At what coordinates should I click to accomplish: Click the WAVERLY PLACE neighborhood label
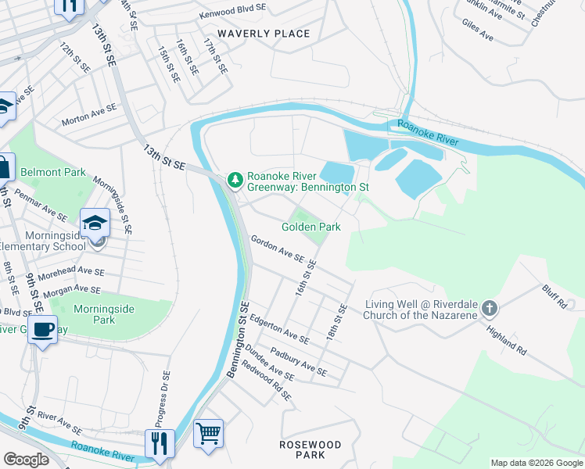click(x=264, y=34)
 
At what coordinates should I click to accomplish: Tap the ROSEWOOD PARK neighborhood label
click(x=310, y=449)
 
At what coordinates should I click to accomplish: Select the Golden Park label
click(x=311, y=227)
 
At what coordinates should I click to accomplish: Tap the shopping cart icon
click(x=208, y=432)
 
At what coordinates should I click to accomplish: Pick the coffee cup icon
click(x=42, y=329)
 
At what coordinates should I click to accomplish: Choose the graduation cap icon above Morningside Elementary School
click(x=95, y=223)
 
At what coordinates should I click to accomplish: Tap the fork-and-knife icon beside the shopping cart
click(x=160, y=442)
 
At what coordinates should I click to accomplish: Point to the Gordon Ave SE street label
click(x=277, y=249)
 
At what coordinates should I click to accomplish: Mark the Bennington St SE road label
click(x=238, y=340)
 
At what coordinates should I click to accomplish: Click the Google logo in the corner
click(x=26, y=460)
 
